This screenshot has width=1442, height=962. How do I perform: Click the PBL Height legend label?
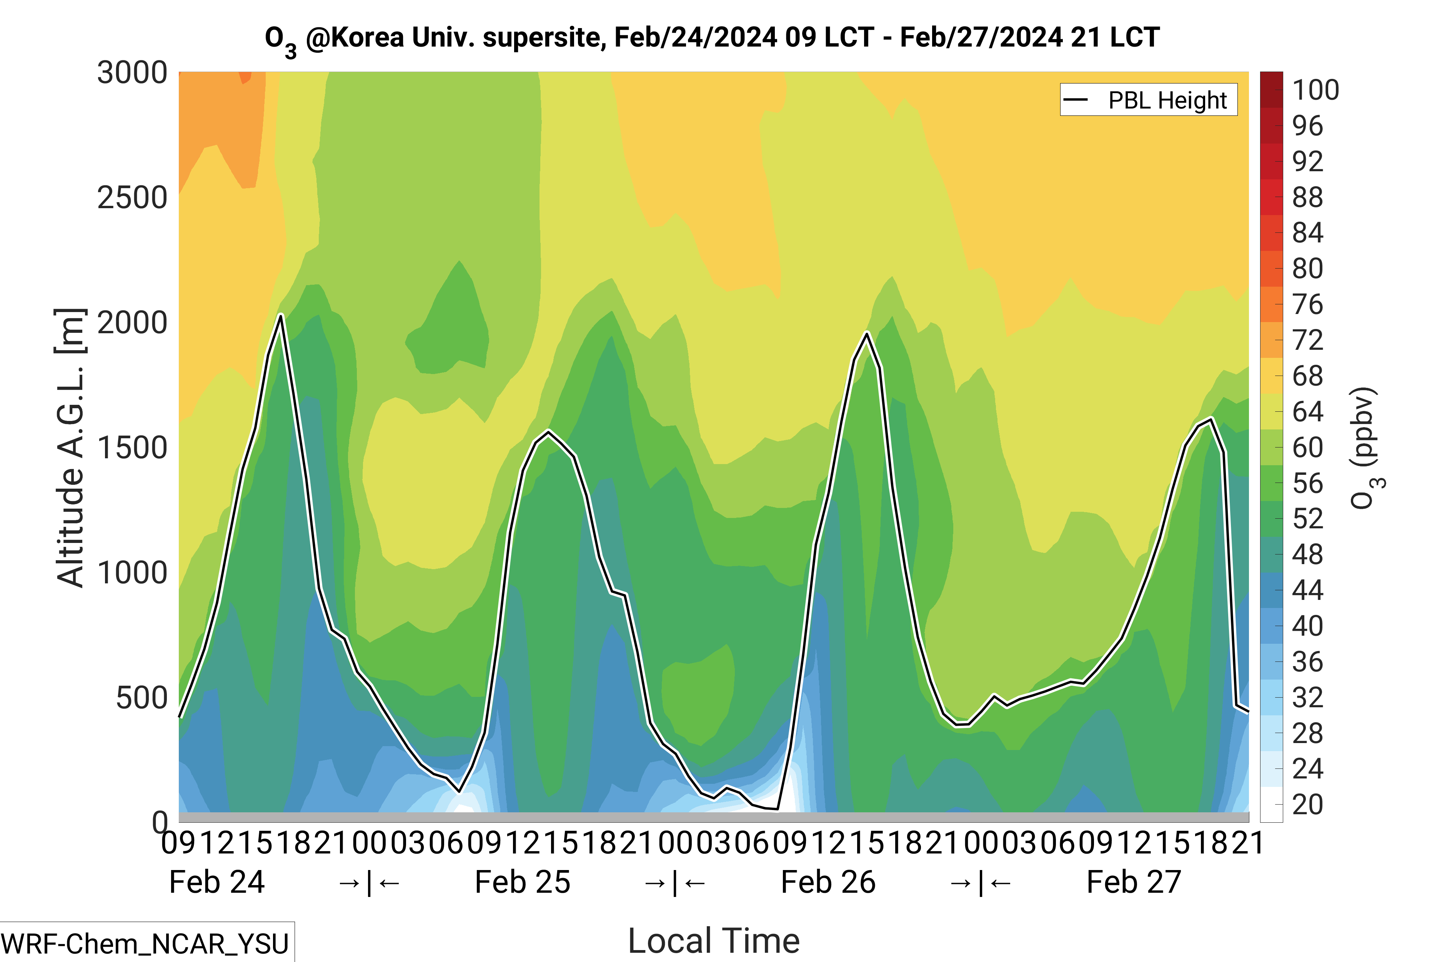1167,100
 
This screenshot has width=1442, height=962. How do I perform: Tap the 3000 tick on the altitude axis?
132,73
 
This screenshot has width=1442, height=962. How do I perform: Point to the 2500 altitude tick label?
132,198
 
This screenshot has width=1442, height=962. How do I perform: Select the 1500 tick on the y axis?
132,448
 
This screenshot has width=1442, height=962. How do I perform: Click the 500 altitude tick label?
141,698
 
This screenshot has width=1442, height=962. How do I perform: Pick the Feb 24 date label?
216,882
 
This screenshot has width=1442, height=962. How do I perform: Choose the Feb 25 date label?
522,882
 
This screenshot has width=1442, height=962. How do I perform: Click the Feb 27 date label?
1134,882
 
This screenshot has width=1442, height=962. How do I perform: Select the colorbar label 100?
1315,90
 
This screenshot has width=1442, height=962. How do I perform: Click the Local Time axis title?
714,940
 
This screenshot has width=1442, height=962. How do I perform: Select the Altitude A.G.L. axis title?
70,448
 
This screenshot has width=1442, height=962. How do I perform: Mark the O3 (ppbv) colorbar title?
1367,448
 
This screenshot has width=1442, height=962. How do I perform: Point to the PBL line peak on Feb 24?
281,316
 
